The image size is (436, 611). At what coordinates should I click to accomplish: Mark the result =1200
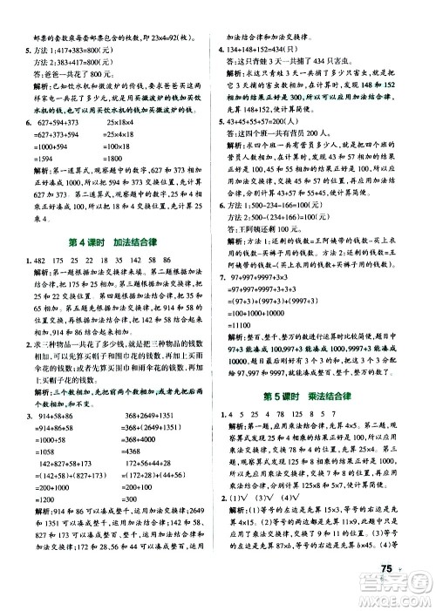pyautogui.click(x=46, y=464)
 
